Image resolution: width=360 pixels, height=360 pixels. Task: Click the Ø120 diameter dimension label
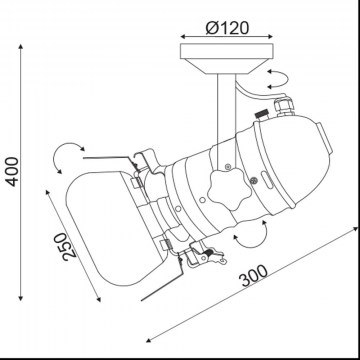[227, 28]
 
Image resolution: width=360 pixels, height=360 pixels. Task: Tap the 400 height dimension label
[13, 172]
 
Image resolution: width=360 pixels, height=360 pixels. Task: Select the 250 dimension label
[65, 247]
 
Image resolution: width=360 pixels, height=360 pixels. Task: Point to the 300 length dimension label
[255, 276]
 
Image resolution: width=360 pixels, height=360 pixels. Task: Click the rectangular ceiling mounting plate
[227, 51]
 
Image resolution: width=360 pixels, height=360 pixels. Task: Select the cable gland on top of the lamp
[284, 106]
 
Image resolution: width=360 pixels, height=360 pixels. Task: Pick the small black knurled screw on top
[262, 114]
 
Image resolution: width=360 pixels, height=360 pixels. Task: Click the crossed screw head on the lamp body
[254, 180]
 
